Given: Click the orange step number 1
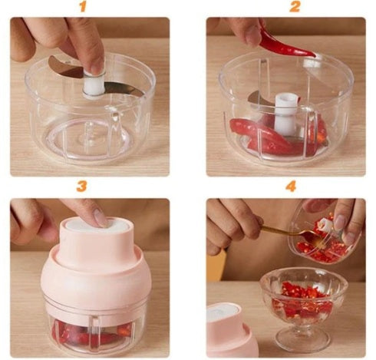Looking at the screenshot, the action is [82, 6].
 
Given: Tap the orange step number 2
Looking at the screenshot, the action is [295, 6].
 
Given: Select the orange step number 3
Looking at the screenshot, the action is [81, 187].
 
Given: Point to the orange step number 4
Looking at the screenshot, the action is [291, 187].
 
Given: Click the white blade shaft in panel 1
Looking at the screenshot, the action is [94, 85].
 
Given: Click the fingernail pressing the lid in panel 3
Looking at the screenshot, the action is [100, 217].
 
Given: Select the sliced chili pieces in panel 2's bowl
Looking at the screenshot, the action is [279, 137].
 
